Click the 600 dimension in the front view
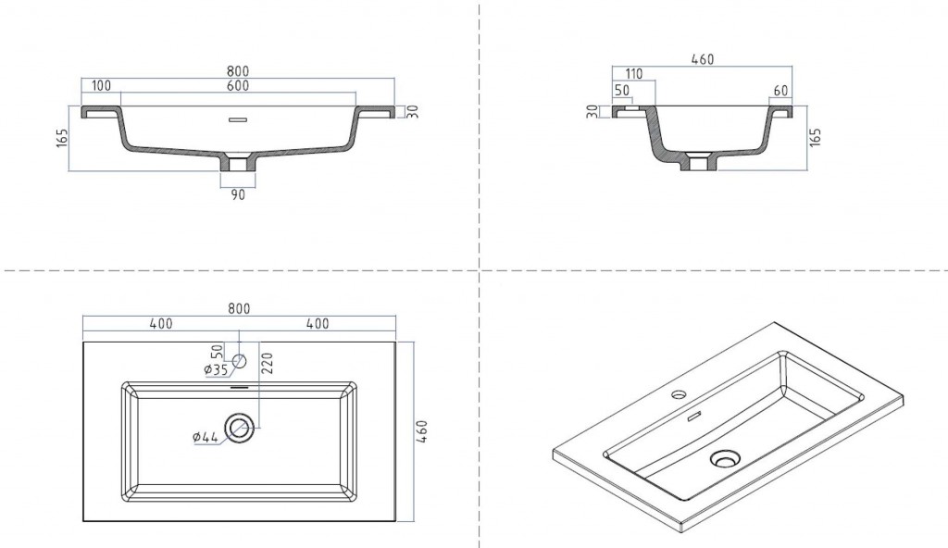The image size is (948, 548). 239,86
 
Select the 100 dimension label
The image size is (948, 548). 102,86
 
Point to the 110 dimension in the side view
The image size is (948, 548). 634,74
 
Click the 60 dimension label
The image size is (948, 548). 780,90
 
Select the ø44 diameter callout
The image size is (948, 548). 207,437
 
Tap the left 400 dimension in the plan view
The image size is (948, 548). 161,324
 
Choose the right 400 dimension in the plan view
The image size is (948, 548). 318,324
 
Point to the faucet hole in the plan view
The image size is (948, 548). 240,360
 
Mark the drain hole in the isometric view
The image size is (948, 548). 724,458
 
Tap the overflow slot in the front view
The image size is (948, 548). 239,118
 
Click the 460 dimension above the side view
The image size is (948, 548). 703,60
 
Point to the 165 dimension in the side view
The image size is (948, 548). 816,139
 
